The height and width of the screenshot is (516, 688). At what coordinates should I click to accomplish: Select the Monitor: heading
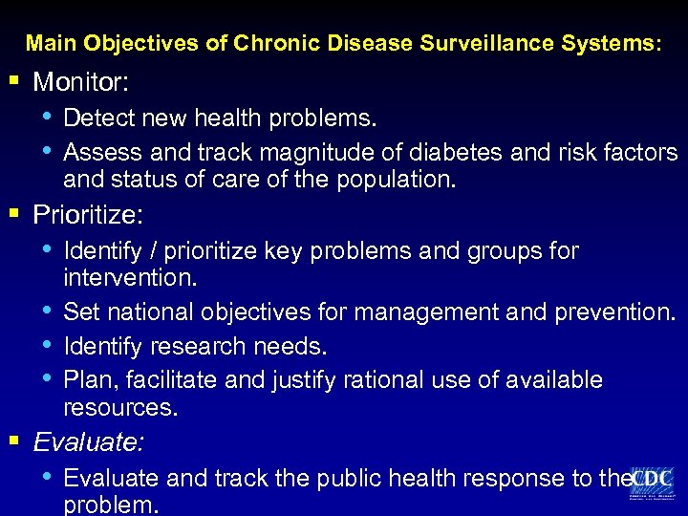click(x=81, y=83)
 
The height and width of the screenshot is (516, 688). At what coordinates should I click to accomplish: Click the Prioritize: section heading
click(x=88, y=215)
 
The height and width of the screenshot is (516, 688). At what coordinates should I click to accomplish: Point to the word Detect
click(x=98, y=118)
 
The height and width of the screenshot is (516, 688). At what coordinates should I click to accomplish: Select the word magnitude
click(x=307, y=152)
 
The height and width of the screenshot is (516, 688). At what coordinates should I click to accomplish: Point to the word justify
click(x=307, y=379)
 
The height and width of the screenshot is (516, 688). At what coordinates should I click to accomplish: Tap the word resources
click(x=120, y=407)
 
